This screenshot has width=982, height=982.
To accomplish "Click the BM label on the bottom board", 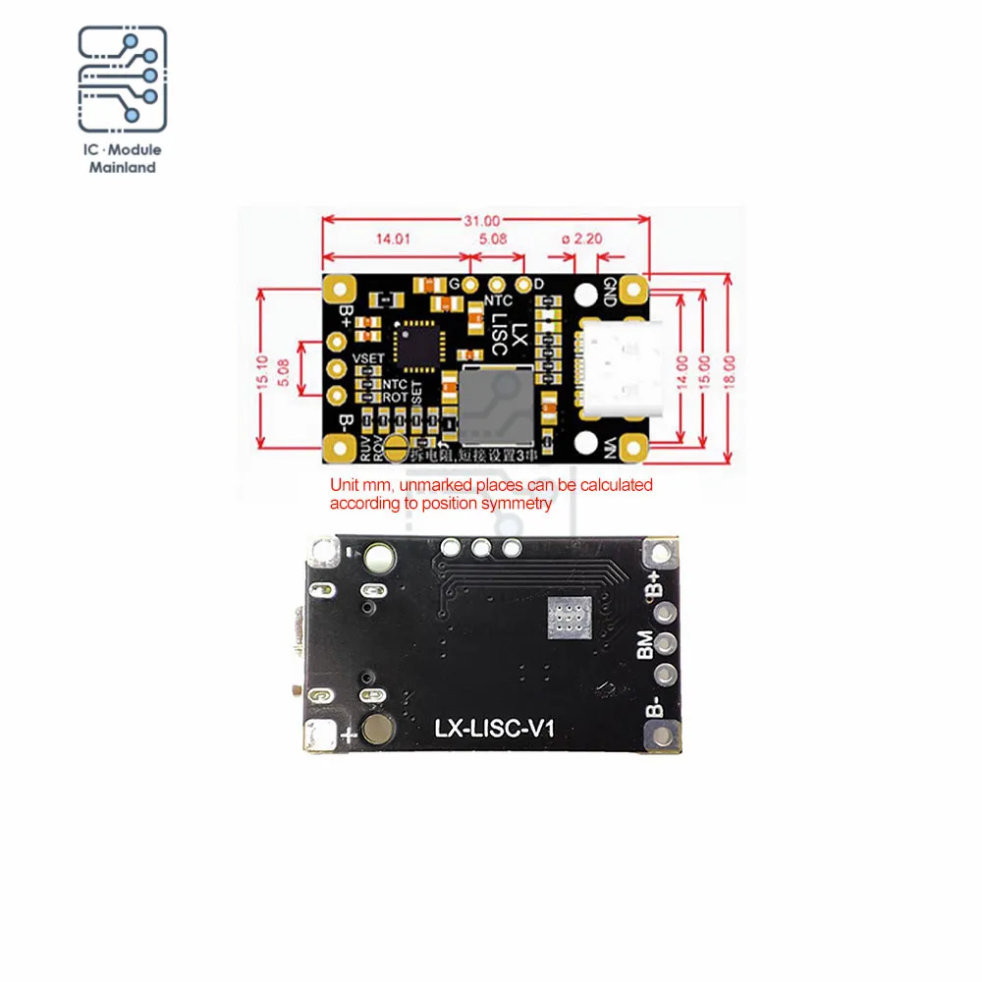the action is click(x=645, y=644).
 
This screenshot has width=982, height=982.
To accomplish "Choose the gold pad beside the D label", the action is click(x=523, y=284).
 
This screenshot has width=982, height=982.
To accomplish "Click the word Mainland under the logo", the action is click(x=122, y=168).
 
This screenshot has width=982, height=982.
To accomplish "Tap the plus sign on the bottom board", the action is click(x=346, y=735).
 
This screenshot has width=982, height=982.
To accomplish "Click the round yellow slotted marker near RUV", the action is click(x=397, y=450).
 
